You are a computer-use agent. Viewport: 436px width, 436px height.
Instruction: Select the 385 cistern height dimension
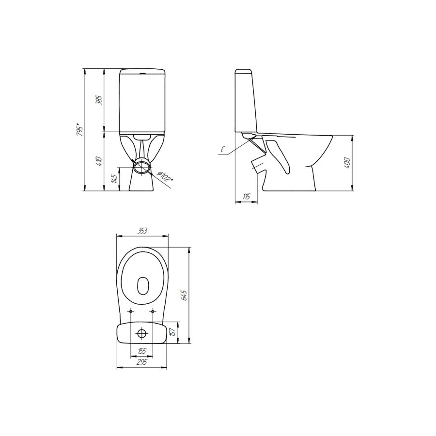99,100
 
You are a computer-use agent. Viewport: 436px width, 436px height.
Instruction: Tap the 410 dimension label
99,161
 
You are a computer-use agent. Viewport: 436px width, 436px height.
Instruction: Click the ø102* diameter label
165,176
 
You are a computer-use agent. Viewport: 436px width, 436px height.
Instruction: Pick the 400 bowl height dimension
347,163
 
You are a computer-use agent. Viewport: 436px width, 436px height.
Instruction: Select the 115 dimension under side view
247,197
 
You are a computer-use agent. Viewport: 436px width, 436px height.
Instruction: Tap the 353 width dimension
142,231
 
